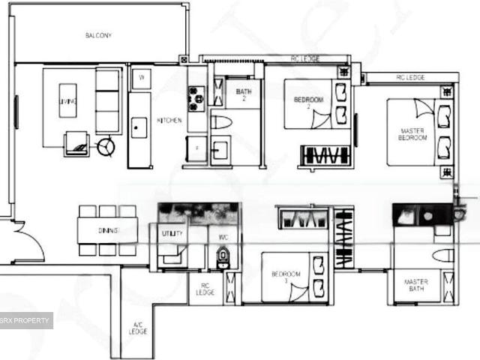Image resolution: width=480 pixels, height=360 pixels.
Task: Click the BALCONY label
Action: click(x=98, y=36)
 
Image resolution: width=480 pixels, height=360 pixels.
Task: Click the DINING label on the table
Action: click(x=108, y=230)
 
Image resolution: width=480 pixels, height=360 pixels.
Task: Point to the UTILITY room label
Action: click(x=172, y=234)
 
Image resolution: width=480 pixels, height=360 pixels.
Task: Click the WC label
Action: click(x=222, y=237)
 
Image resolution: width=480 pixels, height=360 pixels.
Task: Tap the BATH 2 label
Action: click(x=244, y=95)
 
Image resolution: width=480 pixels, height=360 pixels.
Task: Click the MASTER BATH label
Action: click(x=416, y=286)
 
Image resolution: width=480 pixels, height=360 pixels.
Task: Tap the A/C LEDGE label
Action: click(x=138, y=327)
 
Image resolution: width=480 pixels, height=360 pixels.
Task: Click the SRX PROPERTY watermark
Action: click(x=26, y=321)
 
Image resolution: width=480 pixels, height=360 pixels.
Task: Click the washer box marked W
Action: click(x=141, y=77)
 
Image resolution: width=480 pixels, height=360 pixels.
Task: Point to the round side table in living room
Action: click(x=106, y=145)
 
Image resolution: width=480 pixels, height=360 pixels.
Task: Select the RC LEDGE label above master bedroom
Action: click(x=409, y=78)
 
